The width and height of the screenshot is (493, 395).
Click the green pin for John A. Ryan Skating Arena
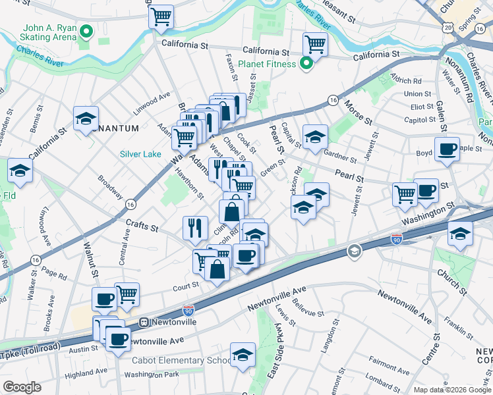86,32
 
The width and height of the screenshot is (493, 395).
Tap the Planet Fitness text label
269,64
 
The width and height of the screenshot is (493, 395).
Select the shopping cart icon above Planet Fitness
315,45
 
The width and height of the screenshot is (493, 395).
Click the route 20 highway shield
448,27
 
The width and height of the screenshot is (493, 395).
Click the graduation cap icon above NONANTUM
86,118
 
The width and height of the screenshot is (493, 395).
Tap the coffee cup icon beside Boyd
447,149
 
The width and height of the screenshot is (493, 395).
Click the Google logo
22,386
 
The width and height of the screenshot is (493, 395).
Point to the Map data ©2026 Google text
451,390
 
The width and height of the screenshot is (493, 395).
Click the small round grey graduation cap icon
354,251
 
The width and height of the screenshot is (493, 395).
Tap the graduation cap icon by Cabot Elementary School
243,354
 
